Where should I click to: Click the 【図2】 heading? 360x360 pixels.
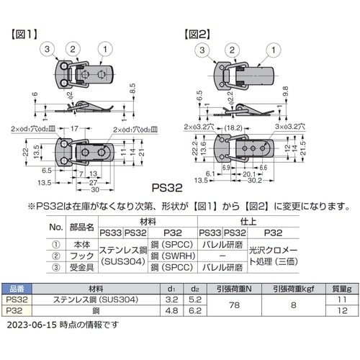point(199,32)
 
